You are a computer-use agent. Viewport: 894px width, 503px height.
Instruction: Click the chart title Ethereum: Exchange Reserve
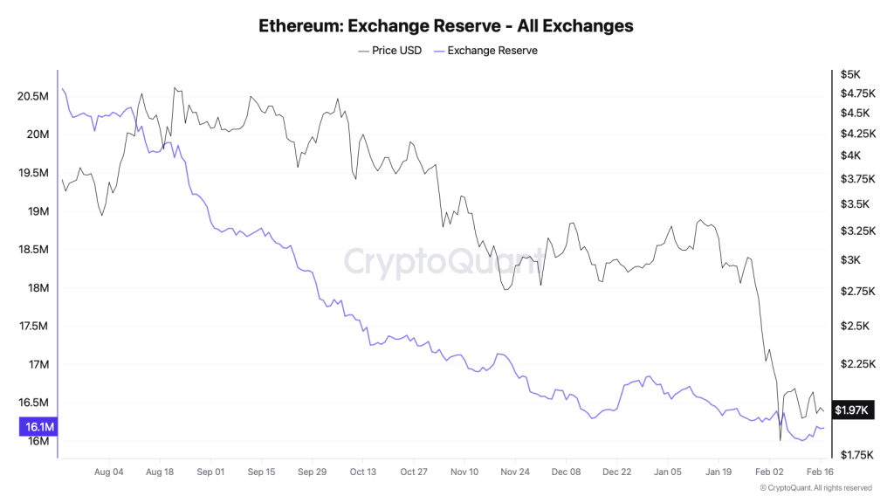(x=446, y=25)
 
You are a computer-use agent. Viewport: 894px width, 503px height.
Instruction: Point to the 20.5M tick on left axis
(x=32, y=96)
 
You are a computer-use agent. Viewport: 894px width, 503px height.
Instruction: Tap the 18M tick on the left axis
(x=38, y=288)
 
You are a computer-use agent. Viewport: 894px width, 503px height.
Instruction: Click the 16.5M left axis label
(x=32, y=403)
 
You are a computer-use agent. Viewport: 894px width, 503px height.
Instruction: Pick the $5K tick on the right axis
(x=849, y=75)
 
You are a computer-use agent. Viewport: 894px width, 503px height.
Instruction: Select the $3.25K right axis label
(x=856, y=231)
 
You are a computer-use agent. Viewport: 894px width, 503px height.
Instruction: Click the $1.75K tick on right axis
(x=856, y=455)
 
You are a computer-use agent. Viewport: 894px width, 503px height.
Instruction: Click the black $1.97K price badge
(x=850, y=410)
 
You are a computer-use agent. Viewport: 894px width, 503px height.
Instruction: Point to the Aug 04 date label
(x=109, y=472)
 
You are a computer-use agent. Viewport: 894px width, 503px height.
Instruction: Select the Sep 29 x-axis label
(x=312, y=472)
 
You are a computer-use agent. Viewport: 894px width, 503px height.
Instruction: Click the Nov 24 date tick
(x=515, y=472)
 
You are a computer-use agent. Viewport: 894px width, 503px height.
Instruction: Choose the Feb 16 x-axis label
(x=819, y=472)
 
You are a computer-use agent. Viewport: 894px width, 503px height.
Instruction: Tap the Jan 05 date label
(x=668, y=472)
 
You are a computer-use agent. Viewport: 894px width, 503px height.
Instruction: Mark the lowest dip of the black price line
(x=780, y=440)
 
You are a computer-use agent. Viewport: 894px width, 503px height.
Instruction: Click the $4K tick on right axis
(x=850, y=155)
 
